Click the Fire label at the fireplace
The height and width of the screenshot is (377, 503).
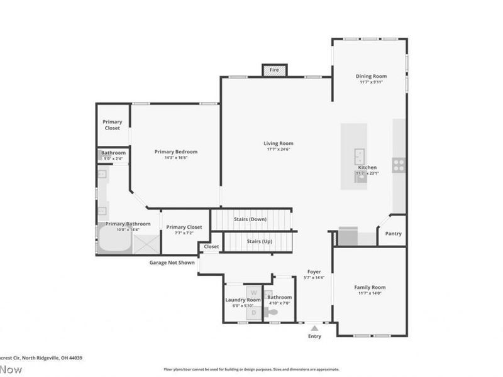[274, 70]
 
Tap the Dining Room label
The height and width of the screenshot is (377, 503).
[371, 76]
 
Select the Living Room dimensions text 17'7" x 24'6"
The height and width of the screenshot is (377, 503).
[278, 150]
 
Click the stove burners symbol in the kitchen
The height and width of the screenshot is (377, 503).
[399, 165]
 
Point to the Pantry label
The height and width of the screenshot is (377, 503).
[394, 234]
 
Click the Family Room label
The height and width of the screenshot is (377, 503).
[370, 287]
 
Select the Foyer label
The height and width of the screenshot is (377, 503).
[314, 271]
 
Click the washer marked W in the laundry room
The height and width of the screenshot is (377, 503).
[254, 293]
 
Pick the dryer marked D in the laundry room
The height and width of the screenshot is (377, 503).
[254, 312]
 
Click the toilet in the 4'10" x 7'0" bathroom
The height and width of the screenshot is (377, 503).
[272, 312]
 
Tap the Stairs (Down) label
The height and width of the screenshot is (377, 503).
[250, 219]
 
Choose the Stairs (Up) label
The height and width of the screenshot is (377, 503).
[260, 241]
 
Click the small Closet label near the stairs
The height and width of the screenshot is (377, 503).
[211, 247]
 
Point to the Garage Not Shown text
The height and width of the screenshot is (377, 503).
[172, 263]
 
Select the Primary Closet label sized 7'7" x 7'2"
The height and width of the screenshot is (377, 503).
[184, 227]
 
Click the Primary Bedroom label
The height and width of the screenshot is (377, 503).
[176, 151]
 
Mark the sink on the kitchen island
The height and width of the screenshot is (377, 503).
[360, 155]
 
